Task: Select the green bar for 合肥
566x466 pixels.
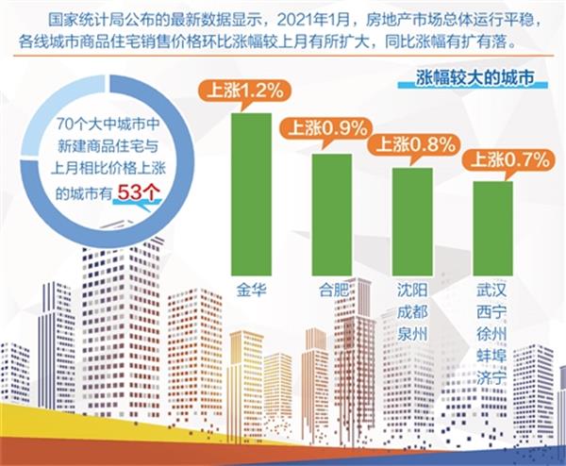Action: click(x=332, y=211)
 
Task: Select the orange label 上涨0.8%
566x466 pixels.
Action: click(x=412, y=144)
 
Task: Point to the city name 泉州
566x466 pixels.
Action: click(x=412, y=335)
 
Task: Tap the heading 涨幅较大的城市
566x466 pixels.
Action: click(x=470, y=78)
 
